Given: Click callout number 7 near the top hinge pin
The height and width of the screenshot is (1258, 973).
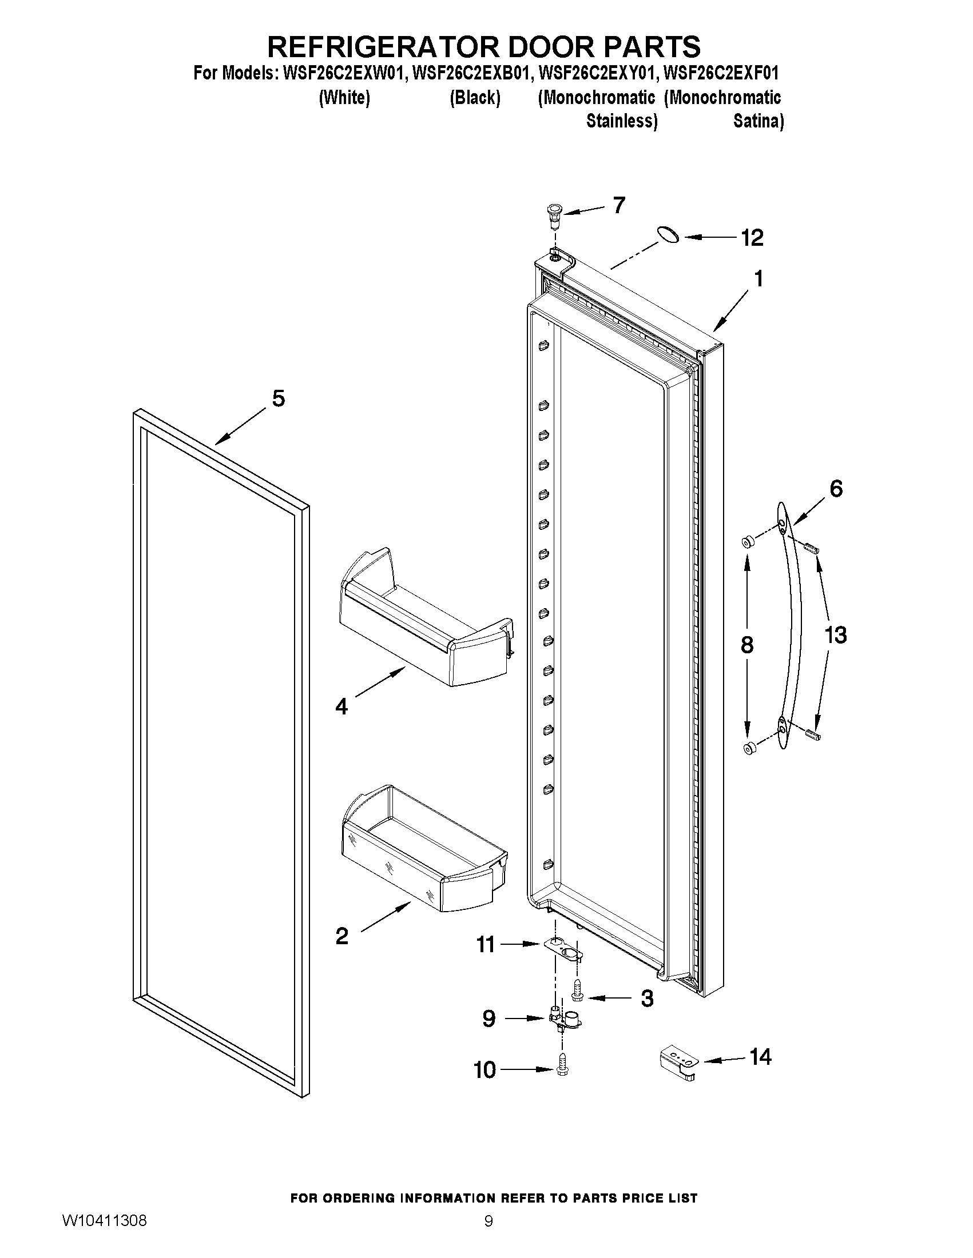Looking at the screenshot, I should point(618,205).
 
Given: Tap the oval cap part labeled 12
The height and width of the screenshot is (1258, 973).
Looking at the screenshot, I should point(668,234).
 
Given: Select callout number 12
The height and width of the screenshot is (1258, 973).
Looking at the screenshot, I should point(752,237).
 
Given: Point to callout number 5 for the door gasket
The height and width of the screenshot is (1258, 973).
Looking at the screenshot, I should point(279,398).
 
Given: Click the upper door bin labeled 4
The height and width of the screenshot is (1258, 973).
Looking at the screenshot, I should point(427,622).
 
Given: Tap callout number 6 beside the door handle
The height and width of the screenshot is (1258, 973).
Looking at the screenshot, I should point(836,489).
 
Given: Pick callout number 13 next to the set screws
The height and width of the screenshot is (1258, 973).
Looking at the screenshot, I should point(835,636).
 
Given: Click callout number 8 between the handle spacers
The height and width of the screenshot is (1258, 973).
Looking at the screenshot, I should point(746,645).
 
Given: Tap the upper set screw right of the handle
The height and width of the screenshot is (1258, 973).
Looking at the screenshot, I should point(812,548).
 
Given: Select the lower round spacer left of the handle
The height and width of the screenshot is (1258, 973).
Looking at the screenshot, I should point(749,748).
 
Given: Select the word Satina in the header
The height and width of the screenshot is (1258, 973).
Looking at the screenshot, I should point(758,122).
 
